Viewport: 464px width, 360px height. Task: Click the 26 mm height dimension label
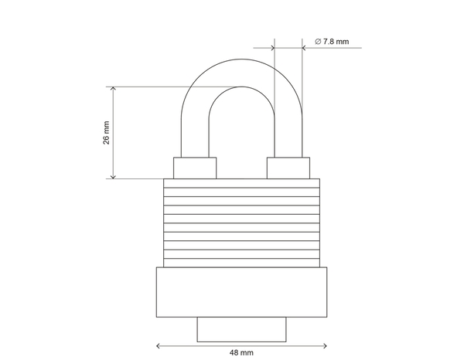point(107,132)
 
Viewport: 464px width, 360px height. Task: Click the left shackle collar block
point(194,168)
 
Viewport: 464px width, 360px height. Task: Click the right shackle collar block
point(288,168)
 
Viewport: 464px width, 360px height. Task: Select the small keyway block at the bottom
point(241,328)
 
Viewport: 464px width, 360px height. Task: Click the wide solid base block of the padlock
point(241,292)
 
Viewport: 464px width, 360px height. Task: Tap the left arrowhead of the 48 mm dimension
point(159,345)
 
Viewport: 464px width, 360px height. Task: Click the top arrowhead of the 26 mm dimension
point(114,89)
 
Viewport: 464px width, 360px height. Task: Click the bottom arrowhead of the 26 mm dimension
point(114,177)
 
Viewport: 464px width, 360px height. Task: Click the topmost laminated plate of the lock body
point(241,184)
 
